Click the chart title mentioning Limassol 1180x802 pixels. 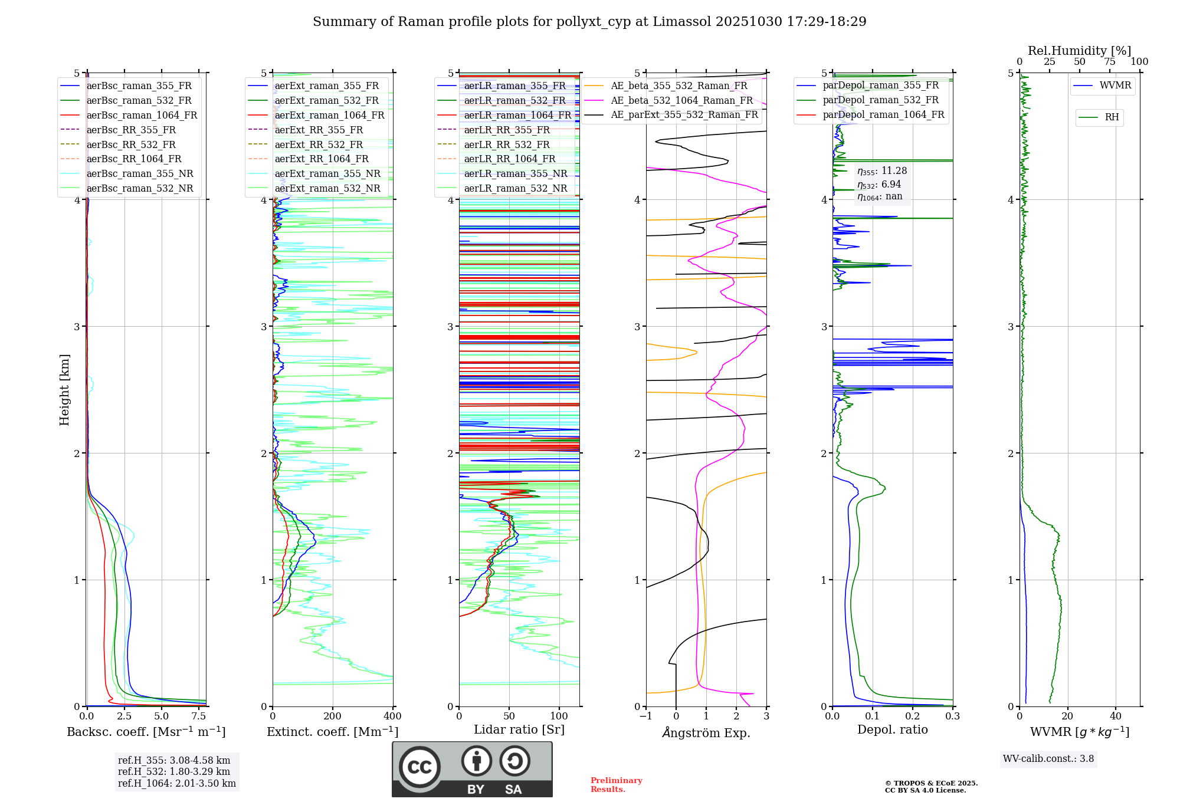coord(589,22)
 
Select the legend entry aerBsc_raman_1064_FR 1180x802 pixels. coord(142,116)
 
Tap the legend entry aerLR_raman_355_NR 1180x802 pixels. coord(515,174)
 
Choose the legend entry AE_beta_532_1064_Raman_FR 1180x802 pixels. coord(681,101)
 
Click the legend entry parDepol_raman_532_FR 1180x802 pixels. coord(880,100)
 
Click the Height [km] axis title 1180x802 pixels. coord(64,390)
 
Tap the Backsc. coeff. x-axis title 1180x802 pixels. coord(146,732)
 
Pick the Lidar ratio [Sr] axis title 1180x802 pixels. coord(519,730)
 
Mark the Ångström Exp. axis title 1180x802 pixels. coord(706,733)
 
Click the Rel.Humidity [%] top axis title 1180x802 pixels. coord(1079,51)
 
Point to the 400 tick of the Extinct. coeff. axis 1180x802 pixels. coord(392,716)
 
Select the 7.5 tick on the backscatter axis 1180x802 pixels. coord(199,716)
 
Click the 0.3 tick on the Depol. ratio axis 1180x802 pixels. coord(952,716)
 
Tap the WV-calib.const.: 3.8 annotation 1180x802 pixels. coord(1048,759)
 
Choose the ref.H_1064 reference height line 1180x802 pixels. coord(177,784)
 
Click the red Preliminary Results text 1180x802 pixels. coord(616,785)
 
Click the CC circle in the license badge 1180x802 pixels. coord(419,767)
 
